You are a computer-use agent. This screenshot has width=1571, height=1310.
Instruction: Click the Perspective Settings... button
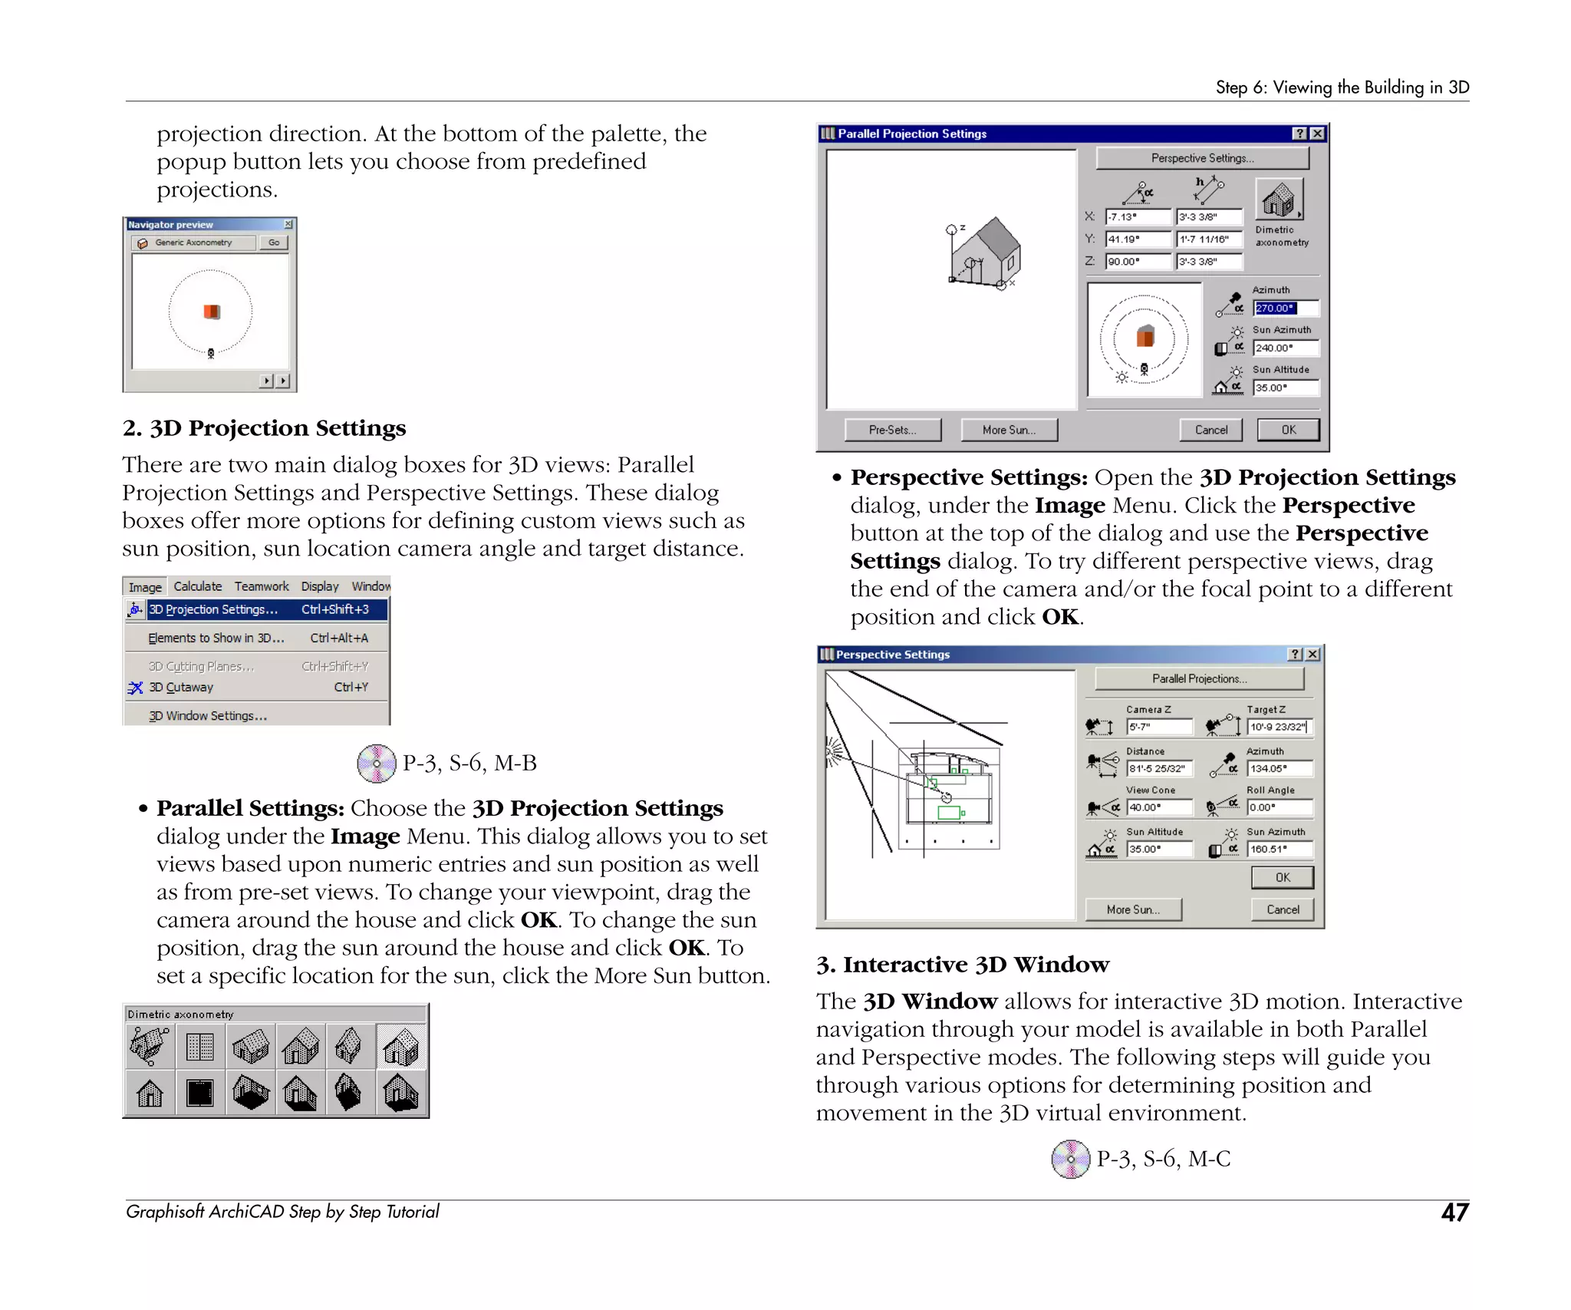[x=1201, y=158]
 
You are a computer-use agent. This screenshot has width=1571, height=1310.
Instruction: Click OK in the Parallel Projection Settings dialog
[x=1288, y=430]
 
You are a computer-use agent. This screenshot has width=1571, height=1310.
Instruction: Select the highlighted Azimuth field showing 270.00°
[x=1286, y=308]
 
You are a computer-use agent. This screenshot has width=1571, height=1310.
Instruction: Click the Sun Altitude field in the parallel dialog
[x=1286, y=388]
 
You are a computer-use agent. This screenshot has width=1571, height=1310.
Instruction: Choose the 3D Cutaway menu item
[x=181, y=688]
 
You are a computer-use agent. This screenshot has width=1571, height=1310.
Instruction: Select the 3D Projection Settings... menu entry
[x=213, y=609]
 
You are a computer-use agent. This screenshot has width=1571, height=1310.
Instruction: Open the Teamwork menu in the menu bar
[x=262, y=586]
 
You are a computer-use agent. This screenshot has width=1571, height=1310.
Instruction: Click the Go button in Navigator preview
[x=274, y=243]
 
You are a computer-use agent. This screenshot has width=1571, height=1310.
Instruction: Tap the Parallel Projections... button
[x=1199, y=678]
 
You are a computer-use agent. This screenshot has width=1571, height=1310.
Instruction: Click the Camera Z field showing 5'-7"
[x=1159, y=727]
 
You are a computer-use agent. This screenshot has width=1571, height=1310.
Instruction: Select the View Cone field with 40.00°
[x=1159, y=807]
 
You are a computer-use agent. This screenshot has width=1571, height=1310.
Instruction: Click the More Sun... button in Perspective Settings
[x=1133, y=909]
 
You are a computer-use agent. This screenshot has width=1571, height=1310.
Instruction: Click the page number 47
[x=1454, y=1213]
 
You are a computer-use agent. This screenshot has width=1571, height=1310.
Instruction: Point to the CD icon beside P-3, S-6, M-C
[x=1070, y=1159]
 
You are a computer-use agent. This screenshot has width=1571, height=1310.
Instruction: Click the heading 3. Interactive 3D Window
[x=963, y=965]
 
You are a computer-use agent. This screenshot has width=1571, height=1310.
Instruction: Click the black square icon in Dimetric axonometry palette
[x=200, y=1093]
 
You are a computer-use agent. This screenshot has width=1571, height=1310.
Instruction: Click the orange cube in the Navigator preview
[x=212, y=311]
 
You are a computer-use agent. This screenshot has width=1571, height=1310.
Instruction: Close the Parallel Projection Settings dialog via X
[x=1317, y=134]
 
